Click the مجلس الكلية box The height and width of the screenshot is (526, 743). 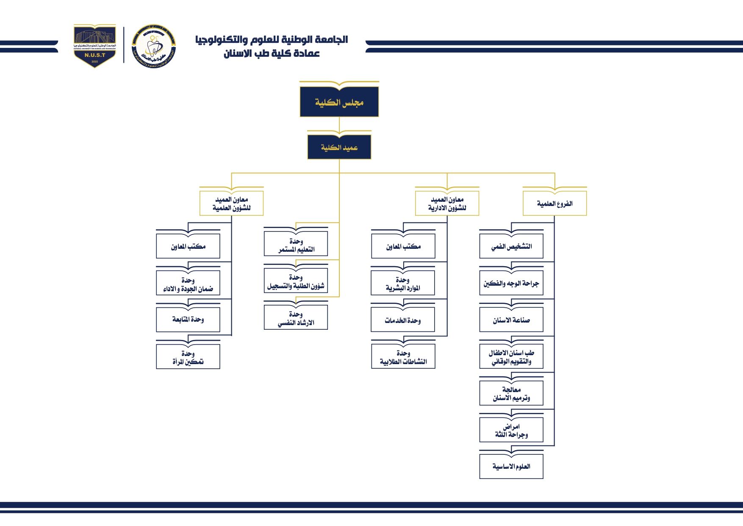(x=339, y=102)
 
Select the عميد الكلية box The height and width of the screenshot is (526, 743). (x=339, y=148)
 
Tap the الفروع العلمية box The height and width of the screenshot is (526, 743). (x=554, y=204)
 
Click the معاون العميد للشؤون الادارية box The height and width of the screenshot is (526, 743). (x=447, y=204)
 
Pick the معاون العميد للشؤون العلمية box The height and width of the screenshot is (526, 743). (x=231, y=204)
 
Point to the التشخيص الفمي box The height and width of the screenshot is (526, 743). (x=511, y=247)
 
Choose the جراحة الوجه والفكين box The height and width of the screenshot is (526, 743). (x=511, y=284)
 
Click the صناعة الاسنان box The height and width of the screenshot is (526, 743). (x=511, y=320)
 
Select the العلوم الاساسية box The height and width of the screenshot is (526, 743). (x=511, y=467)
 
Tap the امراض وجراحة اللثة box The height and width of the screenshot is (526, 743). (x=511, y=430)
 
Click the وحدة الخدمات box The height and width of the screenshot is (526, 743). (x=403, y=320)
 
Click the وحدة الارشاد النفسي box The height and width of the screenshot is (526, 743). (x=296, y=318)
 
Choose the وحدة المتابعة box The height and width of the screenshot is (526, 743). (x=188, y=320)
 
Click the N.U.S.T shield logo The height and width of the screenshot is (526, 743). (x=94, y=45)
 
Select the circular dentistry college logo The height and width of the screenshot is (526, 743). (x=153, y=46)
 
